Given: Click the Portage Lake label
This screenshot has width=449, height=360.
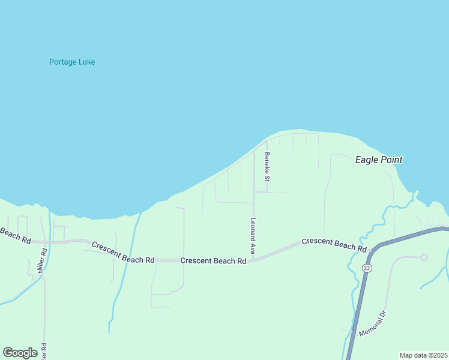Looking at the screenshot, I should click(x=72, y=62).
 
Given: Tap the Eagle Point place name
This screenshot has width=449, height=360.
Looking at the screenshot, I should click(x=379, y=160).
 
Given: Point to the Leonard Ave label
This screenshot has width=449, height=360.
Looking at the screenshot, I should click(x=253, y=236).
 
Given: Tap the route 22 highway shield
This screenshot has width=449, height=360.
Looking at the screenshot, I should click(x=366, y=267).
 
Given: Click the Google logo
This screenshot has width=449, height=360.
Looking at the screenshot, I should click(x=20, y=353).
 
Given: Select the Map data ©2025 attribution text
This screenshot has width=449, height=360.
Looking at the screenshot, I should click(x=423, y=355).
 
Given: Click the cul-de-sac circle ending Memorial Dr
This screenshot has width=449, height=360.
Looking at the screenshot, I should click(x=424, y=257).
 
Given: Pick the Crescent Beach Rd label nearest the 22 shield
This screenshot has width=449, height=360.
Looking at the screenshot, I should click(x=334, y=244).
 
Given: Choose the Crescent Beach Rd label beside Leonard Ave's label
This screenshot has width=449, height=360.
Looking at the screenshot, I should click(x=214, y=261).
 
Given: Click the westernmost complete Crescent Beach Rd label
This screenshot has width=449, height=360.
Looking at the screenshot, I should click(x=123, y=252).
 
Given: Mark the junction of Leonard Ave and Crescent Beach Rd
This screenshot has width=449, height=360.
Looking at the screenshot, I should click(x=255, y=260).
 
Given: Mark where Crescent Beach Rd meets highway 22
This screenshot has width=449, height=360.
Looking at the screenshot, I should click(x=372, y=248).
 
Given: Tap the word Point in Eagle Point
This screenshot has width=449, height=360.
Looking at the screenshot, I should click(x=391, y=160).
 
